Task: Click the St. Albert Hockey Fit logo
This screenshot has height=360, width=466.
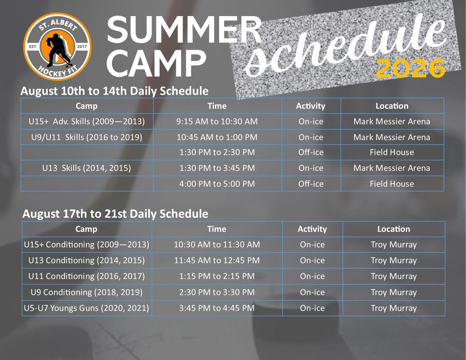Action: pyautogui.click(x=57, y=47)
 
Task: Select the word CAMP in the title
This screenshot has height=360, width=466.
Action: pyautogui.click(x=156, y=64)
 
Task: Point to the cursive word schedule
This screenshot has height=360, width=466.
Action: pyautogui.click(x=345, y=46)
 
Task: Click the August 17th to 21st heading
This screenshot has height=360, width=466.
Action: pyautogui.click(x=116, y=213)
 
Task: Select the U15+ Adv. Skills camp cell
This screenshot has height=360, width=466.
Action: pyautogui.click(x=87, y=121)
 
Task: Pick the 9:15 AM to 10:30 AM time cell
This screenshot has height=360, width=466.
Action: pyautogui.click(x=217, y=121)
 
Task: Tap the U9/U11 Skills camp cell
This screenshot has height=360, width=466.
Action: pyautogui.click(x=87, y=137)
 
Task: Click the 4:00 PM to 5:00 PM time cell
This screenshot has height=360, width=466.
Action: pyautogui.click(x=217, y=184)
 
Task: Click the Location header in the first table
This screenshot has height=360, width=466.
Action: pyautogui.click(x=392, y=106)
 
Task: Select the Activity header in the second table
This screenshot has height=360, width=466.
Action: pyautogui.click(x=312, y=229)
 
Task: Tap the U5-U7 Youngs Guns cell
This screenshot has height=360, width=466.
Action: pyautogui.click(x=87, y=308)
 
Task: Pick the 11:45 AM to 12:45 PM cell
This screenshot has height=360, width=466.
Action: pyautogui.click(x=217, y=260)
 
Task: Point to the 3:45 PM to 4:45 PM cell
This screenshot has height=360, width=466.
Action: pyautogui.click(x=217, y=308)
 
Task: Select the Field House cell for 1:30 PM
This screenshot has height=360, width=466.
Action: pyautogui.click(x=392, y=152)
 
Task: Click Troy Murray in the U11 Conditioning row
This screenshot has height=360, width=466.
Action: pyautogui.click(x=394, y=276)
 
